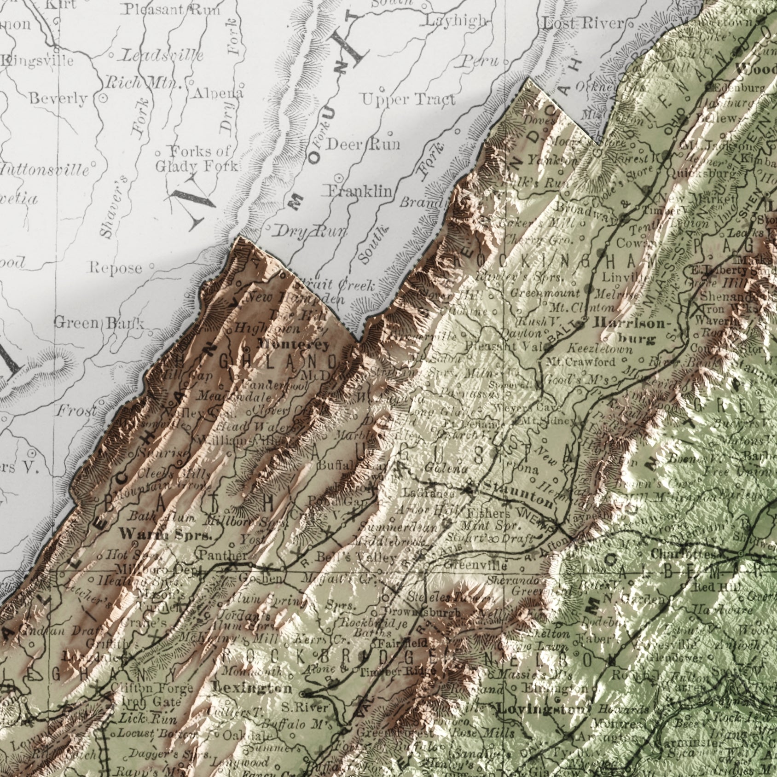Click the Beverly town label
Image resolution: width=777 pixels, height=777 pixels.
coord(58,99)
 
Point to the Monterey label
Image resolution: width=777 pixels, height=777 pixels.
coord(293,344)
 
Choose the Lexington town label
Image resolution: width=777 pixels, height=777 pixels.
coord(252,688)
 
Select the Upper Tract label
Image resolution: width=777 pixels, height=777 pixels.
coord(408,99)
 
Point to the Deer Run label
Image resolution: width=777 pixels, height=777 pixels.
coord(363,144)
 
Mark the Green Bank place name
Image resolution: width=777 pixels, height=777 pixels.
coord(99,323)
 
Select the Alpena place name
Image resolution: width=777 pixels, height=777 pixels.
coord(218,93)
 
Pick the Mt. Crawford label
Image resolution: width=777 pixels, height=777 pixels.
coord(580,362)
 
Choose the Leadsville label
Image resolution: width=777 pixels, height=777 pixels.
coord(162,56)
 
